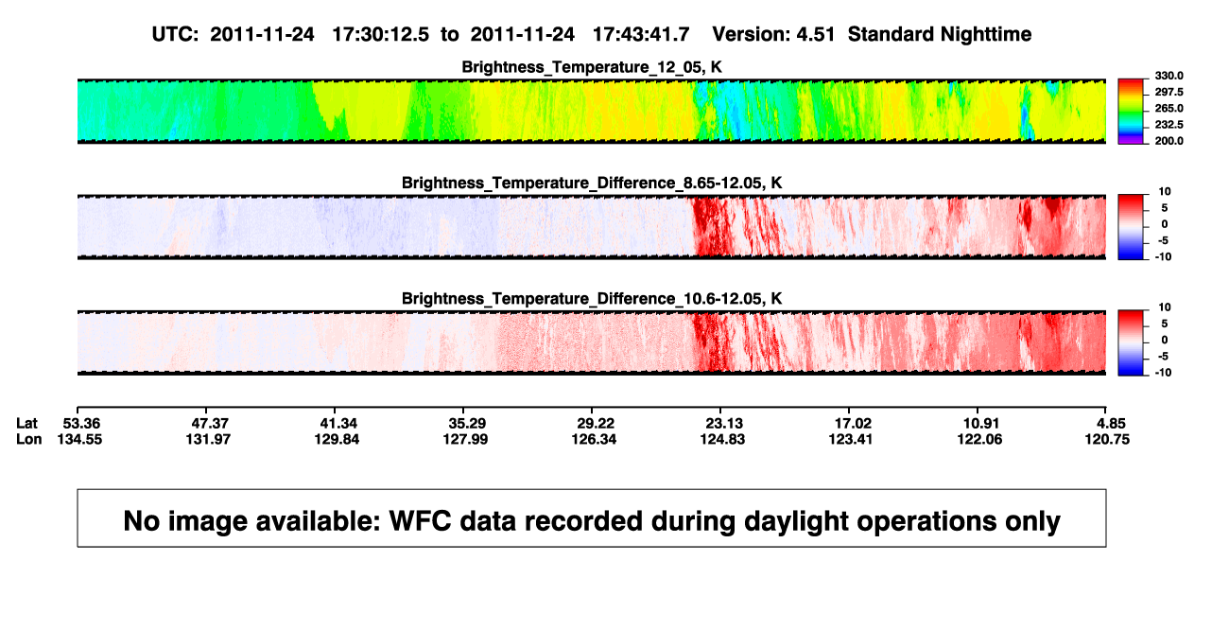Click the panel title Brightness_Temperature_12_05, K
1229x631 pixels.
(592, 67)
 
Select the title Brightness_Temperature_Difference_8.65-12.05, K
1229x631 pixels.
(592, 183)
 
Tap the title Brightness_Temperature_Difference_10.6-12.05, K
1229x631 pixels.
(592, 299)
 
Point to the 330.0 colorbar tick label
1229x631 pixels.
(1168, 76)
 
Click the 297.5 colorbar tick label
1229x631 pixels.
(1168, 93)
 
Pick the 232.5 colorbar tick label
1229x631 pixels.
(1168, 125)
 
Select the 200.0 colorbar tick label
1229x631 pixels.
(1168, 141)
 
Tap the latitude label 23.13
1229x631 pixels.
(723, 424)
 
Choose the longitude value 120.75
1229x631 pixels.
(1107, 439)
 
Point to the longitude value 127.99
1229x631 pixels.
(465, 439)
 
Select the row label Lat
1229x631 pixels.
(26, 424)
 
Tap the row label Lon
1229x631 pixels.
(28, 439)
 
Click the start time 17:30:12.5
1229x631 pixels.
(381, 35)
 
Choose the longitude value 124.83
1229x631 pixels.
(722, 439)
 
